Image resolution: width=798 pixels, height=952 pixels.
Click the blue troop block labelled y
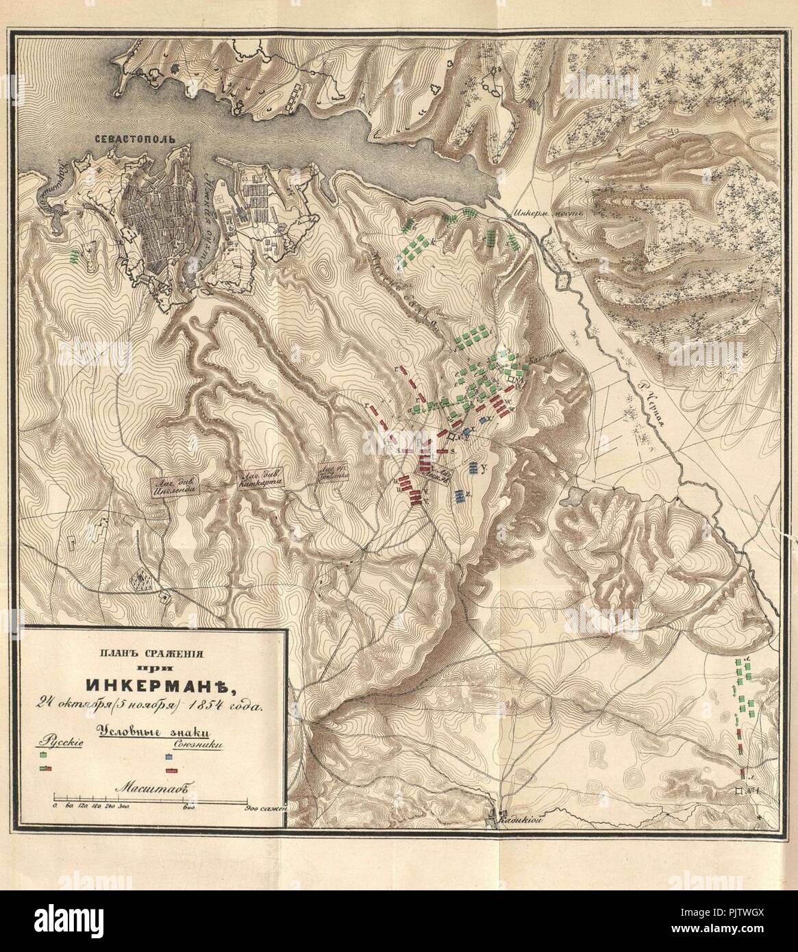(x=475, y=468)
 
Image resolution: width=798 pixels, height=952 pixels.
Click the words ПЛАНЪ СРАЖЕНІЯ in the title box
(x=150, y=651)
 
